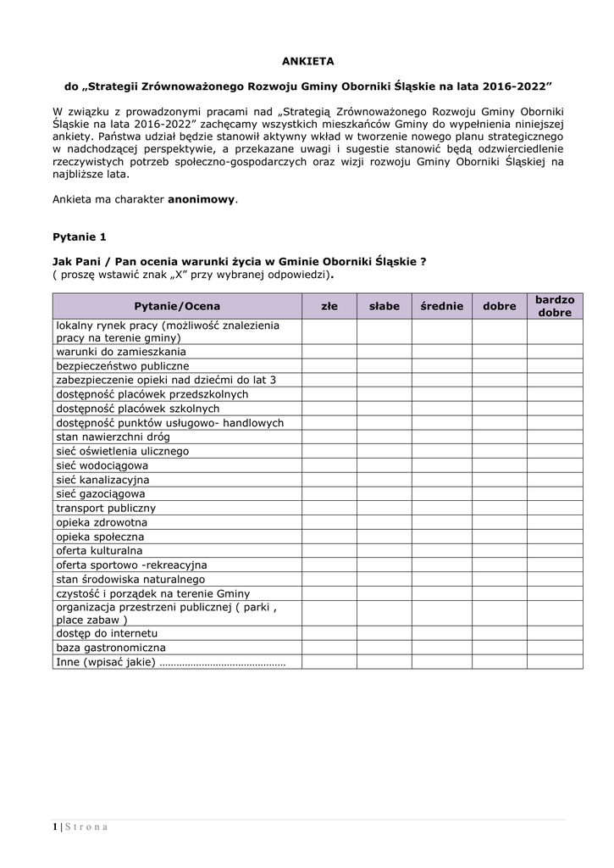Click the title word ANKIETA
pos(307,61)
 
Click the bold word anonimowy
pos(202,200)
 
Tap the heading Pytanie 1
pos(80,236)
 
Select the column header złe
pos(329,306)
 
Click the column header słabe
pos(384,306)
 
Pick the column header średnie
pos(442,306)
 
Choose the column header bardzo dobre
pos(555,306)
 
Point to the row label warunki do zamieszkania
pos(121,352)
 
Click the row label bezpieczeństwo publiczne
pos(123,366)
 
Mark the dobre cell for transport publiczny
pos(499,509)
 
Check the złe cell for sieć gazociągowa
pos(329,494)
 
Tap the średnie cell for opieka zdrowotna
pos(442,523)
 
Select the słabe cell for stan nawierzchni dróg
pos(384,437)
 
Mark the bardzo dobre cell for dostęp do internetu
pos(555,633)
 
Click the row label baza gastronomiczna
pos(111,648)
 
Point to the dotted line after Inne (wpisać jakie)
pos(222,663)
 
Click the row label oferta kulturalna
pos(99,551)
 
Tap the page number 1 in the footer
pos(54,827)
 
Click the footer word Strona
pos(86,827)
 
